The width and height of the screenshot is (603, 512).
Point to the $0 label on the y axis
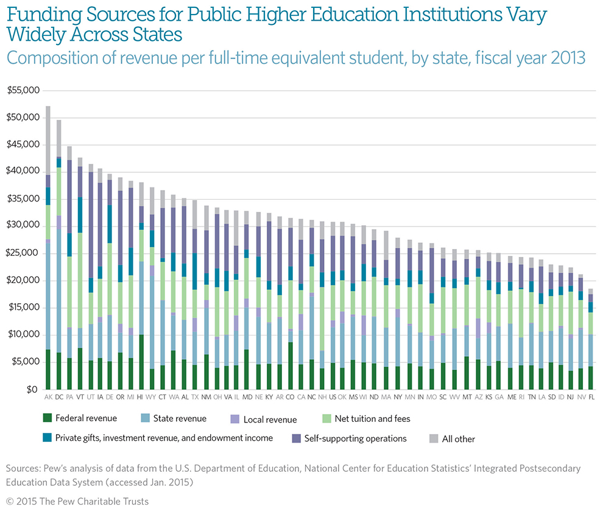point(31,389)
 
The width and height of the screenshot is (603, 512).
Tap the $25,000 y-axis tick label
point(23,253)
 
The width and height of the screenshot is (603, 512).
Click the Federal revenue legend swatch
point(47,418)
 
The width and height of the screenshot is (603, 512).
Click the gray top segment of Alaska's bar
point(48,140)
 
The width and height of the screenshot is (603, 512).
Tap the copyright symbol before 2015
point(11,501)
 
